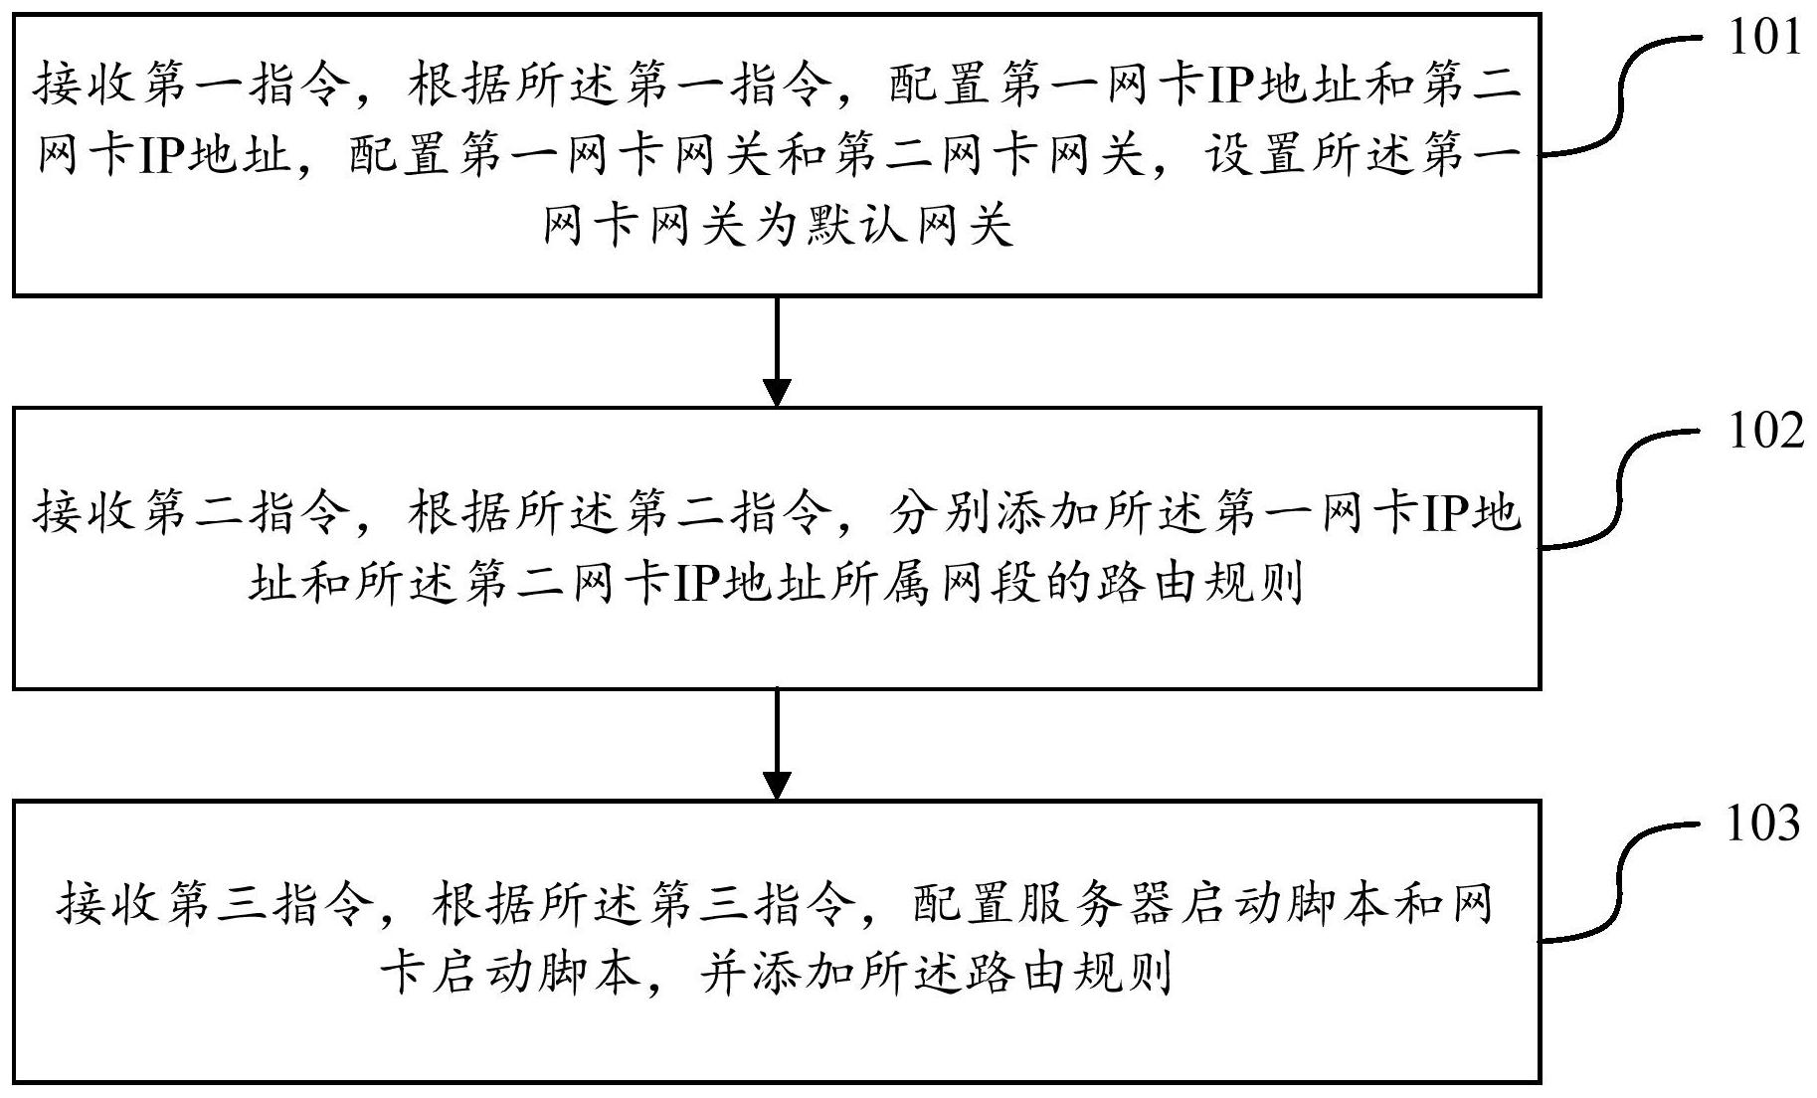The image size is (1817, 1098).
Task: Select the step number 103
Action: [x=1762, y=823]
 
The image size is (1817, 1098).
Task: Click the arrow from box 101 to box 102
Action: [x=776, y=351]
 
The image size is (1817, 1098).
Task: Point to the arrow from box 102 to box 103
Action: [x=776, y=744]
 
